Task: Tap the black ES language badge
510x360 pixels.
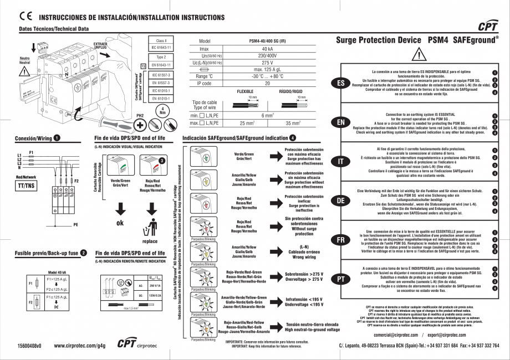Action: click(x=340, y=83)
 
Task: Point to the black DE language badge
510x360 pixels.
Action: click(x=340, y=200)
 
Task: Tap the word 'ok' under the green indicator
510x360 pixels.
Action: click(x=120, y=223)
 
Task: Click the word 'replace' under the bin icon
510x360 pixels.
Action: click(x=150, y=241)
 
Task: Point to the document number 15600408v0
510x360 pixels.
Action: click(x=29, y=346)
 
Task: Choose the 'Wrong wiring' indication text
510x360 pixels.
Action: click(x=304, y=257)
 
